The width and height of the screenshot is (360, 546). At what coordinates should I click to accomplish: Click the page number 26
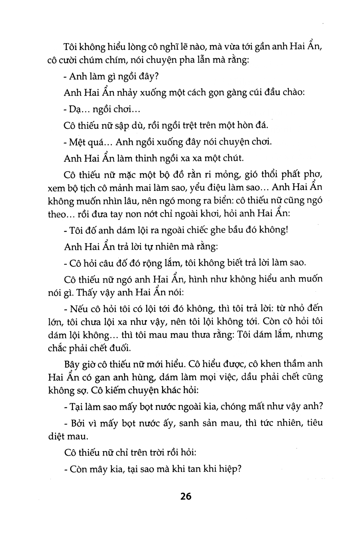pos(186,496)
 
